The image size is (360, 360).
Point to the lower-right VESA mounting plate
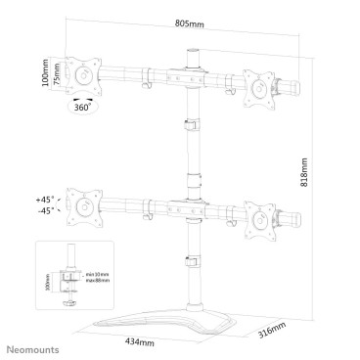point(260,222)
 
